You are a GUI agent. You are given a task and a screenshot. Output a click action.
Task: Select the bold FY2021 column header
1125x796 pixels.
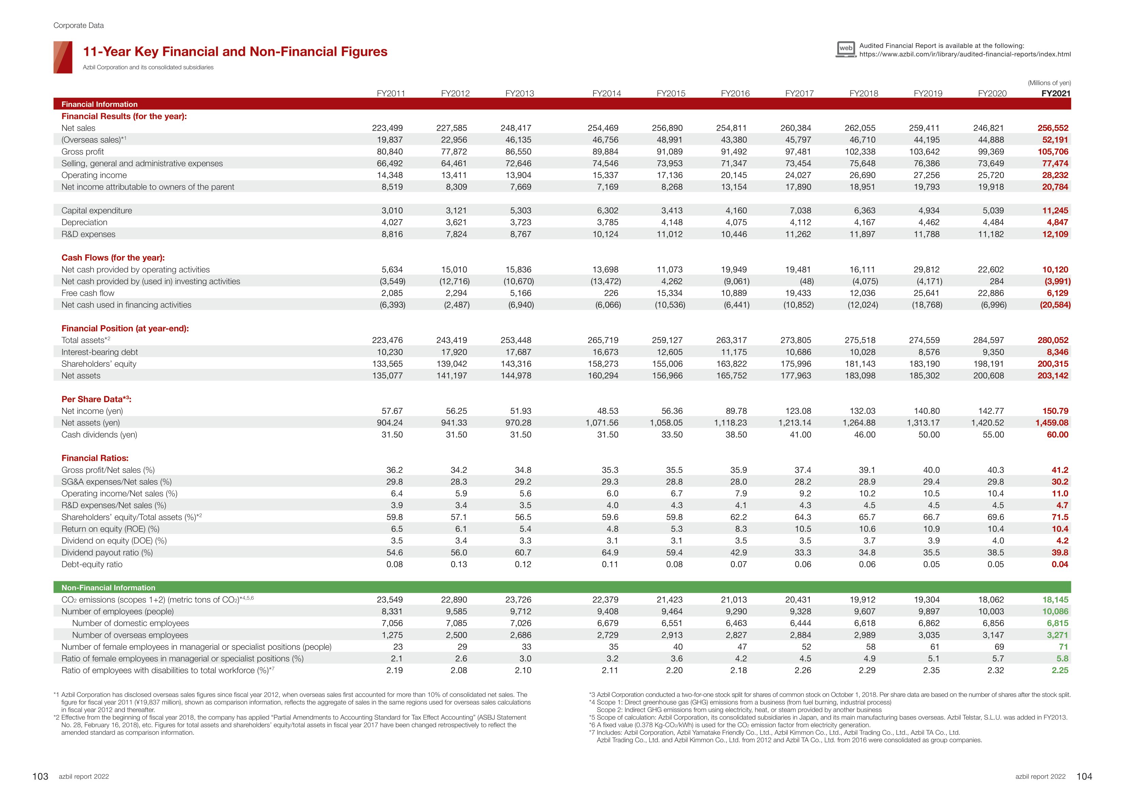pos(1056,93)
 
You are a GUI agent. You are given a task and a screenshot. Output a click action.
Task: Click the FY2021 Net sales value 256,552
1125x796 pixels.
pos(1053,128)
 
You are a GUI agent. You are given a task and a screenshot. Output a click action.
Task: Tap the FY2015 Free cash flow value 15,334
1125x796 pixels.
pos(668,293)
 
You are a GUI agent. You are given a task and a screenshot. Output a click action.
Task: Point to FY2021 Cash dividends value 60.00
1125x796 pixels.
pos(1057,435)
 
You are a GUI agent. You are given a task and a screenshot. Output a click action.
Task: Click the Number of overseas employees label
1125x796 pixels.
pos(130,635)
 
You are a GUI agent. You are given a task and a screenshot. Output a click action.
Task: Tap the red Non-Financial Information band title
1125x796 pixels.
pos(108,588)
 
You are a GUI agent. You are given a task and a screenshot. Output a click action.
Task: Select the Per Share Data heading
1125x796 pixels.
pos(96,399)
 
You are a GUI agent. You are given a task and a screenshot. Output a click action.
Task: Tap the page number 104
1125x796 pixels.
pos(1084,776)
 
